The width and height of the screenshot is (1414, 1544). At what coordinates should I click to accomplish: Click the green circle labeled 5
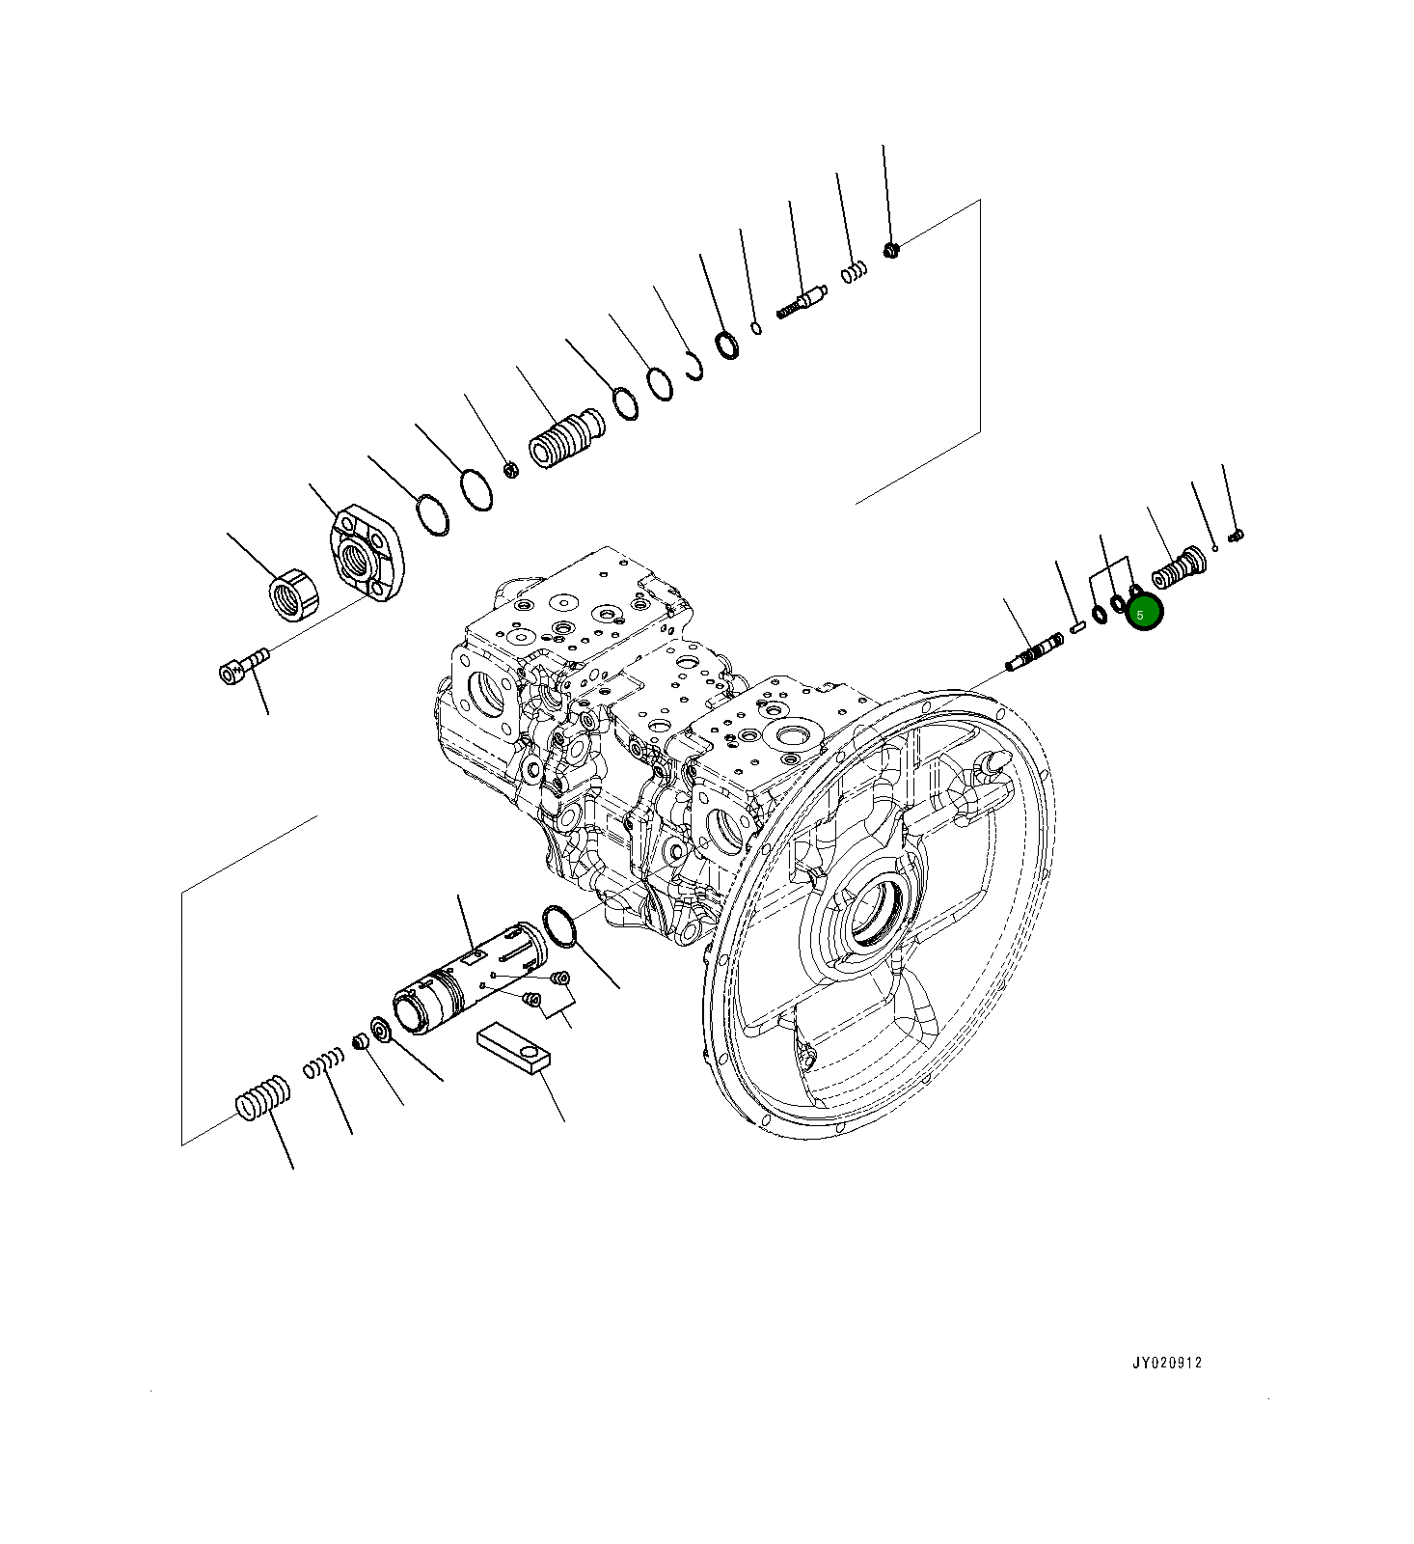1145,613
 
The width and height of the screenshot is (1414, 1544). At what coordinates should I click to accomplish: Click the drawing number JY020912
1167,1363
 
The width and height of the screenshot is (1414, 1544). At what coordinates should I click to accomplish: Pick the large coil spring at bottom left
263,1098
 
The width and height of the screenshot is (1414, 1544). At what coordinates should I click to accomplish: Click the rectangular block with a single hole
513,1048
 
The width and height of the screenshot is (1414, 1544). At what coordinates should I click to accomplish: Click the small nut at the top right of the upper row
891,251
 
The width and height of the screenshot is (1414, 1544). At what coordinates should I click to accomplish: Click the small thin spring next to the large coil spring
323,1064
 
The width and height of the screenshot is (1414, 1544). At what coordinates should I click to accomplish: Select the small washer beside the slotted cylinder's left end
380,1031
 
